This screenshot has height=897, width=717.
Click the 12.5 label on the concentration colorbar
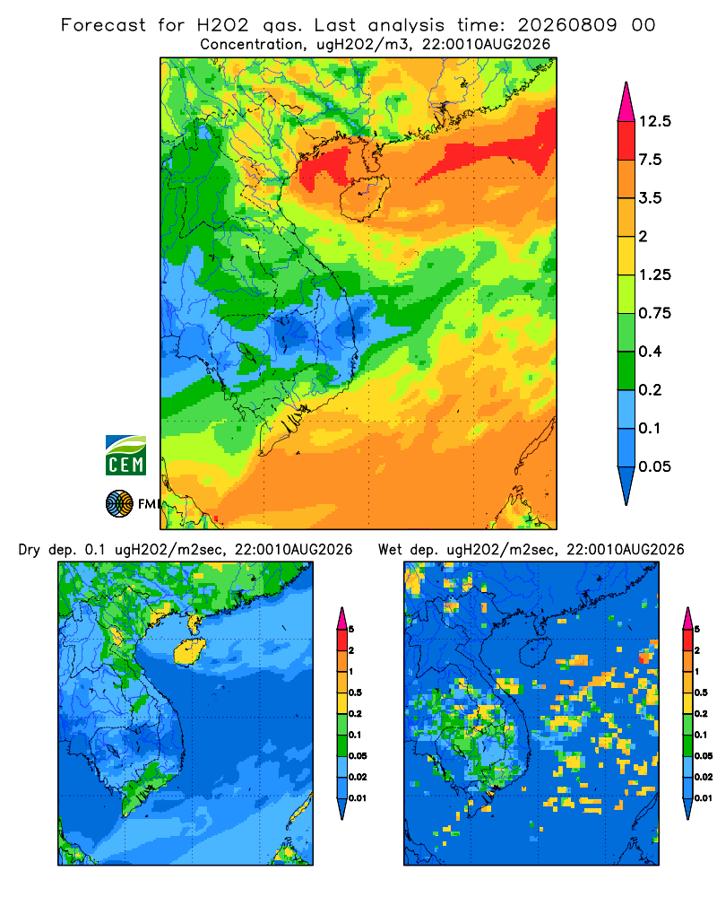(x=654, y=121)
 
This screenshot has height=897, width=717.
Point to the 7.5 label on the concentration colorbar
(x=650, y=160)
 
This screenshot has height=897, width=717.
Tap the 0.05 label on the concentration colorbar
(x=654, y=466)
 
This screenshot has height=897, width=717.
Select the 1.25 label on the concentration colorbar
(x=654, y=275)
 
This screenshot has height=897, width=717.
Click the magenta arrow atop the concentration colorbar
(x=626, y=103)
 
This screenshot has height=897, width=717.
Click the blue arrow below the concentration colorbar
(x=626, y=485)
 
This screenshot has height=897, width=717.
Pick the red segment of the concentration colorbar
(x=626, y=141)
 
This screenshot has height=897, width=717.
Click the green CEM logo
(x=125, y=456)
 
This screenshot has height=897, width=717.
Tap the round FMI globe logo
(x=119, y=504)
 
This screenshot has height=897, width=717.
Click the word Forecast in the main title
(x=103, y=25)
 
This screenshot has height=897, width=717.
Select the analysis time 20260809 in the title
(x=567, y=25)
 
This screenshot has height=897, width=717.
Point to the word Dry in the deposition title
(x=30, y=550)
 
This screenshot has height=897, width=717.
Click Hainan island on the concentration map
(x=365, y=198)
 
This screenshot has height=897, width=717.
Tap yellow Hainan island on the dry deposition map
(x=189, y=652)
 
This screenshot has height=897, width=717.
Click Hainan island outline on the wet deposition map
(x=535, y=652)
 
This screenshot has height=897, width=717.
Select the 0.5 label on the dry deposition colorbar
(x=355, y=692)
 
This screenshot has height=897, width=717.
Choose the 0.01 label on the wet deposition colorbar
(x=704, y=798)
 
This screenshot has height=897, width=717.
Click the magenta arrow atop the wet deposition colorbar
(x=687, y=619)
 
